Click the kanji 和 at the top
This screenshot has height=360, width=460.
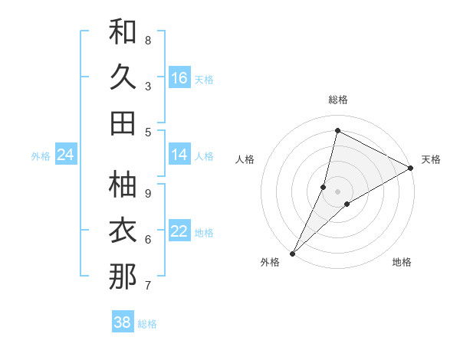point(123,32)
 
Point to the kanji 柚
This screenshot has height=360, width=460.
point(123,184)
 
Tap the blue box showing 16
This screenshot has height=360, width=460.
point(179,77)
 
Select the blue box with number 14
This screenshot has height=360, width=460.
point(179,155)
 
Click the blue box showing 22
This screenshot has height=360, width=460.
point(179,231)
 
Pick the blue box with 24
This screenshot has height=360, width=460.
point(65,155)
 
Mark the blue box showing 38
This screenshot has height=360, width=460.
point(123,322)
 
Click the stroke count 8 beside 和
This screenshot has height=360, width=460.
point(148,41)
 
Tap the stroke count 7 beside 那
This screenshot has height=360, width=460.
point(148,286)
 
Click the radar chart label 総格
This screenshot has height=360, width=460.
point(337,100)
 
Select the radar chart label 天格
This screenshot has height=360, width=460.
point(431,159)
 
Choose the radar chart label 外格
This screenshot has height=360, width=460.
point(270,262)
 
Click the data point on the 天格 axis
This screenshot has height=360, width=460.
point(411,168)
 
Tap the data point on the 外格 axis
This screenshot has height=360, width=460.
point(292,254)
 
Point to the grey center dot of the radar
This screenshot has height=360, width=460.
point(337,191)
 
